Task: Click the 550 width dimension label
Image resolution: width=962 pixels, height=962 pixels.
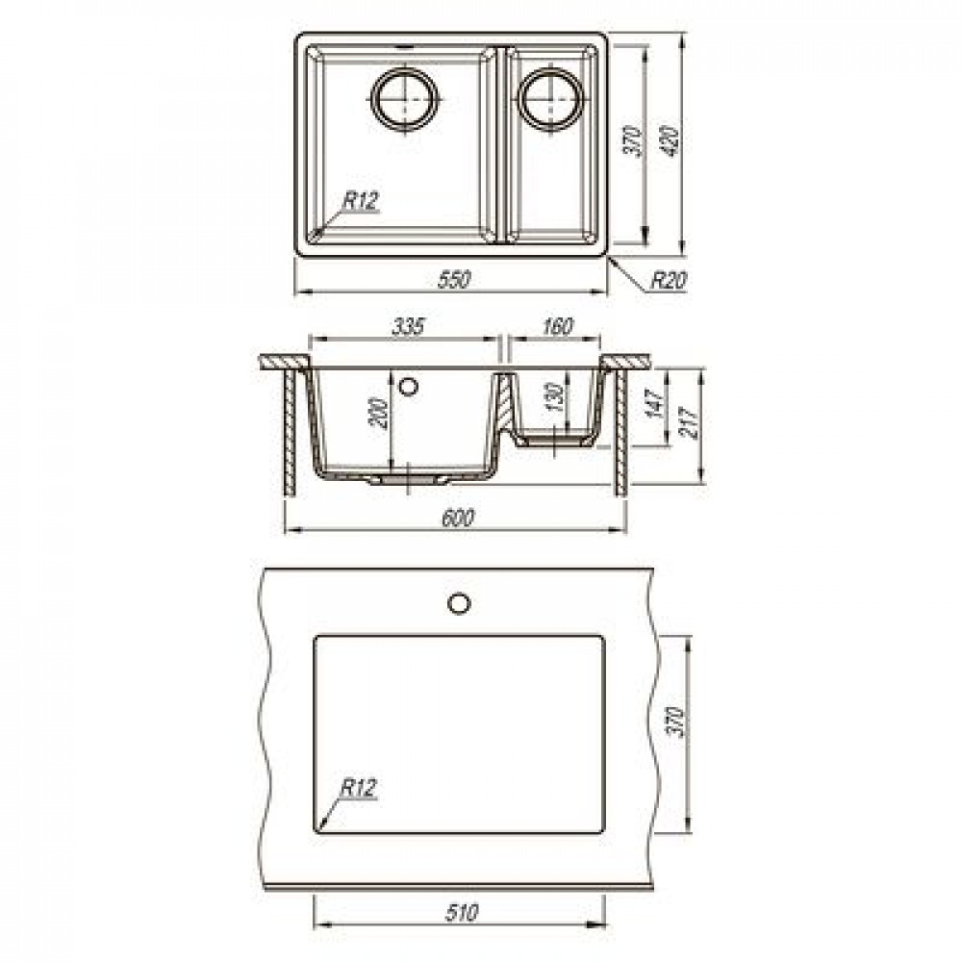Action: pos(454,280)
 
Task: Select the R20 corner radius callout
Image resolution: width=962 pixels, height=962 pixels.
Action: pos(669,280)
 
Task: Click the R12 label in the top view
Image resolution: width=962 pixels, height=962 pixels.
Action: pos(361,201)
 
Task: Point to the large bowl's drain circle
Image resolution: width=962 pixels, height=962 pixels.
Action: pos(405,99)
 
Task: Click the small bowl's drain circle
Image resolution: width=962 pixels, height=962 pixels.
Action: pos(550,99)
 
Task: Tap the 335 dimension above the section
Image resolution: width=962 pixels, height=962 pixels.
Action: pos(408,326)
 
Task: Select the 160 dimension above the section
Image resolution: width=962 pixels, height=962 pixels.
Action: pos(557,326)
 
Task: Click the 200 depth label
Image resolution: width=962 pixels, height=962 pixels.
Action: pos(380,413)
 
